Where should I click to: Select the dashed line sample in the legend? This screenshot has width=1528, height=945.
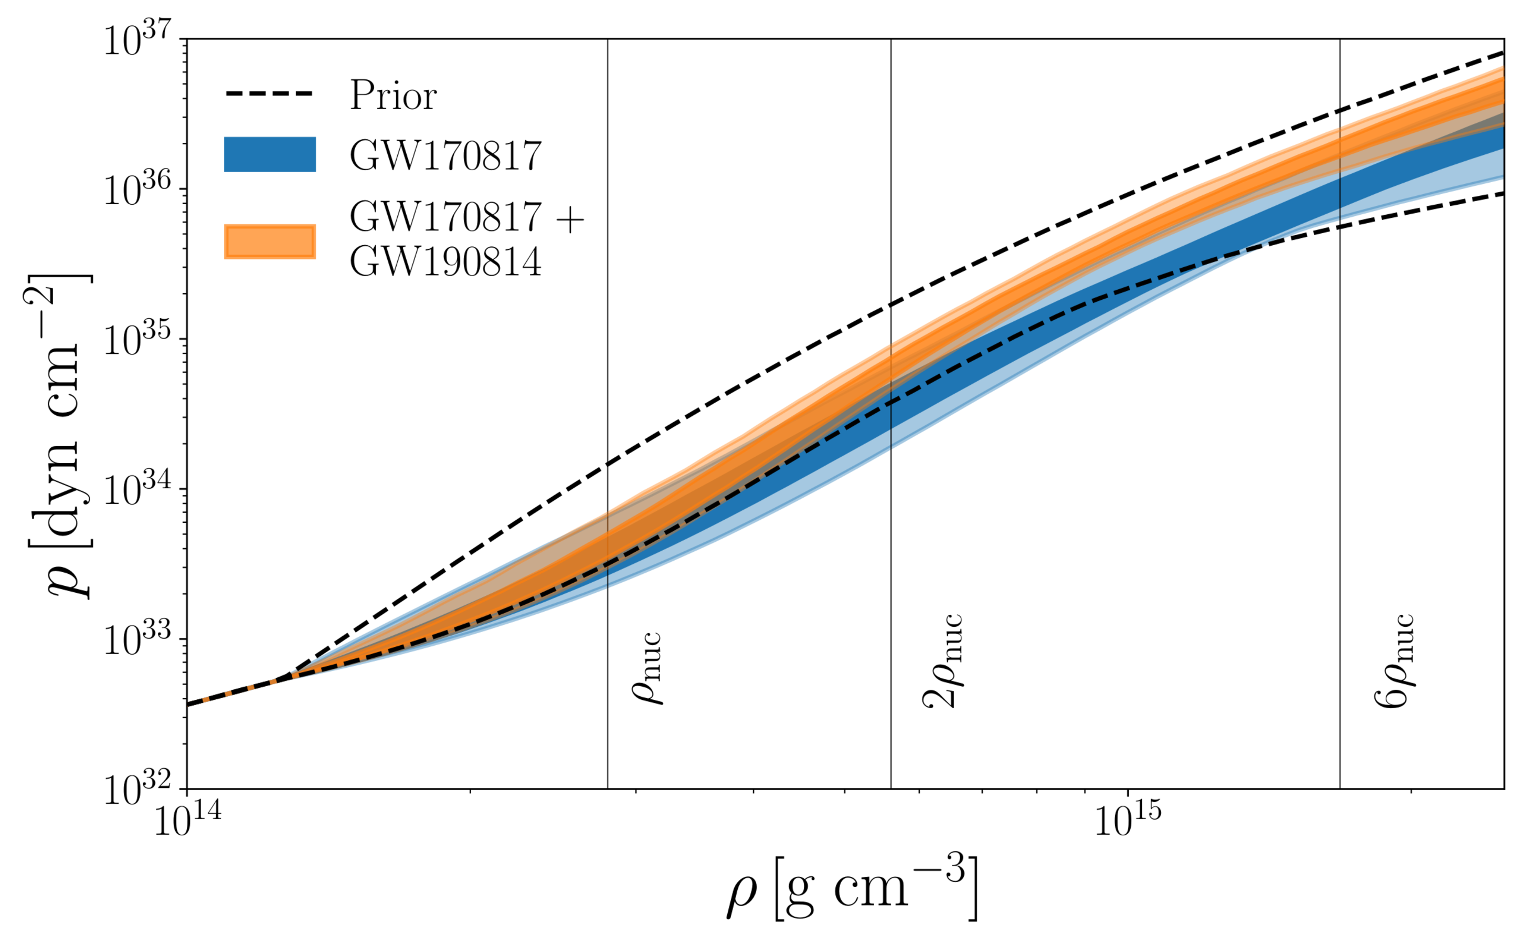point(269,94)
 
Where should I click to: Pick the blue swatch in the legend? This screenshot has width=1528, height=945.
point(270,154)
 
